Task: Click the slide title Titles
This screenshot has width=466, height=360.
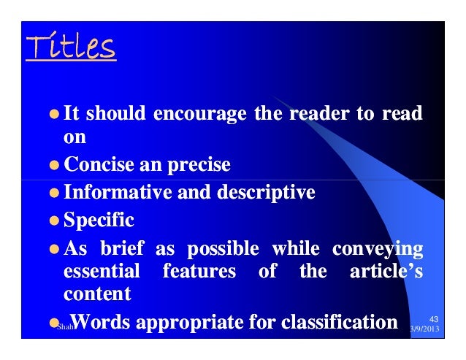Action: tap(71, 49)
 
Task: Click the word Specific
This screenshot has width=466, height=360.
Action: tap(99, 219)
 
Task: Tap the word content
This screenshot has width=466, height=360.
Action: tap(98, 294)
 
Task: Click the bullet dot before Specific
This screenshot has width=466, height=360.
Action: tap(54, 220)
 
